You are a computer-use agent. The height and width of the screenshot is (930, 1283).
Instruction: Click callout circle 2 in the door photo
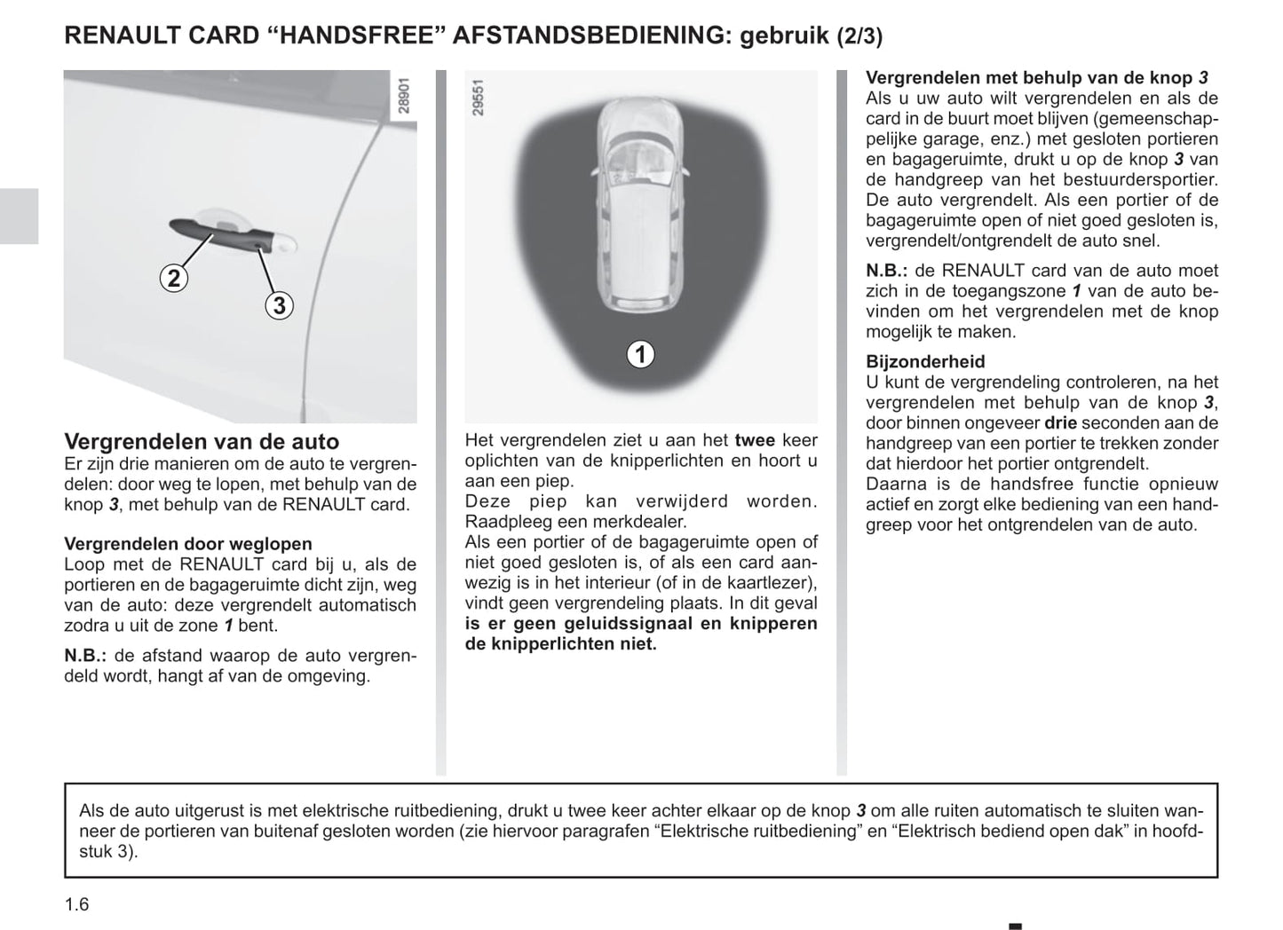point(174,278)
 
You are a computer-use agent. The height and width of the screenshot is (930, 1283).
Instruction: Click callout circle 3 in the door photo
point(279,305)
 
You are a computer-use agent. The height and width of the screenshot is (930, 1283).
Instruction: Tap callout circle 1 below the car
point(639,354)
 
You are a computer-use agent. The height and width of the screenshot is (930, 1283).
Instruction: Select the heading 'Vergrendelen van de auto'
point(202,441)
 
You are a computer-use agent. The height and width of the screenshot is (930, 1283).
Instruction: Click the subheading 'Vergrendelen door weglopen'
point(188,544)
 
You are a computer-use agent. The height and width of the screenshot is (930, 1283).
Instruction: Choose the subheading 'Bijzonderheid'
point(925,361)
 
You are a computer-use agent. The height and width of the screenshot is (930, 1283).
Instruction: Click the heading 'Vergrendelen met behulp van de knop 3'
point(1036,78)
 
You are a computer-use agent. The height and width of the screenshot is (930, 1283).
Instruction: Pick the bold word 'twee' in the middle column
point(755,440)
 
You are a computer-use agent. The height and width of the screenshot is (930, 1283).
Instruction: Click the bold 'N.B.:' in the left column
point(86,657)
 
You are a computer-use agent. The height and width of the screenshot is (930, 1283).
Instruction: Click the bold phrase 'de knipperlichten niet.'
point(560,644)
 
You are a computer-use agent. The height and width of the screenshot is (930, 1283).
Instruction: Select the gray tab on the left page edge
point(19,216)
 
